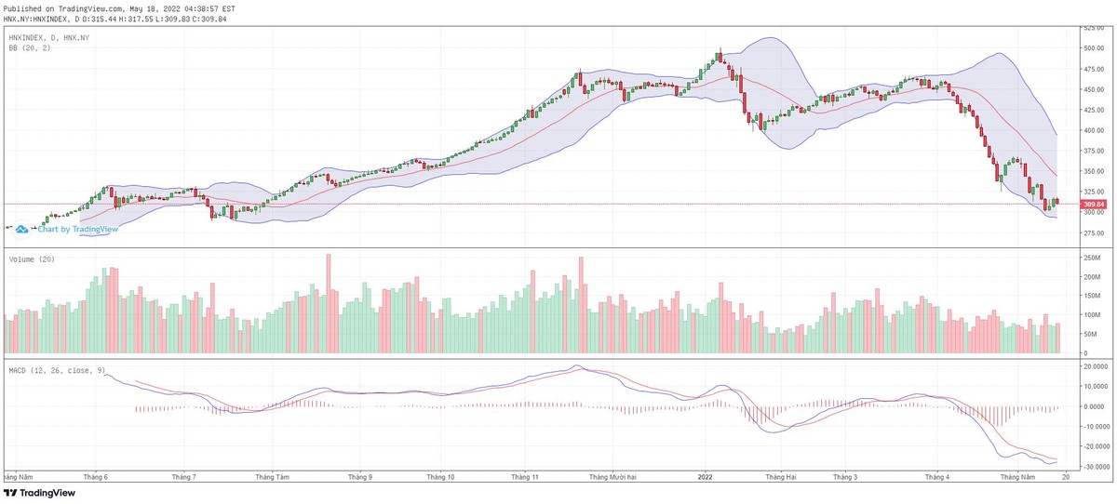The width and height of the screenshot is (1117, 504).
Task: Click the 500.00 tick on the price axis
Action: (x=1093, y=48)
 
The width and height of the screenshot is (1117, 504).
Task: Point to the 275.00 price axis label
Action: (x=1093, y=232)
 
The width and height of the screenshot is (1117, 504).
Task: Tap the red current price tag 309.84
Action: (x=1093, y=205)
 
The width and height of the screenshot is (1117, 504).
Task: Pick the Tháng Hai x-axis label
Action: (x=780, y=477)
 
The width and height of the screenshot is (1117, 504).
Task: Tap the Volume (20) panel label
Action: (x=29, y=259)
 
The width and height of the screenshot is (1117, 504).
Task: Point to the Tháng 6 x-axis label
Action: (x=96, y=477)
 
